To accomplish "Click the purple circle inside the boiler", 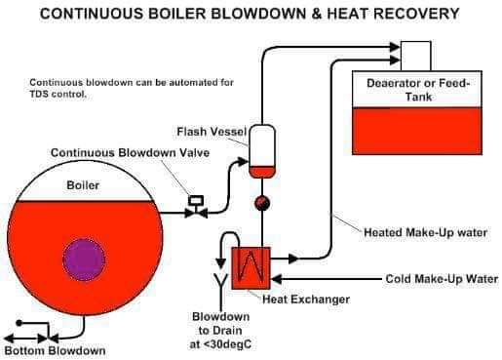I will (x=84, y=259).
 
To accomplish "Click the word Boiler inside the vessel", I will (x=82, y=183).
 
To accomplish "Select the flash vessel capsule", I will (x=262, y=150).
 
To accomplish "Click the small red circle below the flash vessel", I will (x=261, y=203).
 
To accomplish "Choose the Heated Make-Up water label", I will (x=425, y=232).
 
